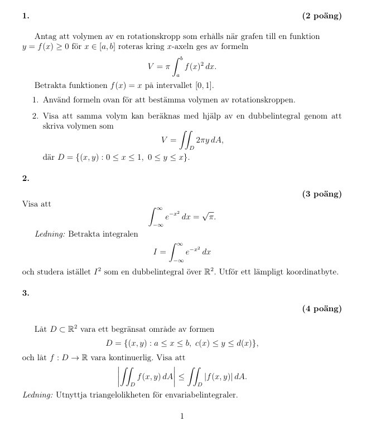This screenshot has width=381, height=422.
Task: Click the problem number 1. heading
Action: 25,16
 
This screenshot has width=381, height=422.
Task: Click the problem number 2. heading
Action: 25,178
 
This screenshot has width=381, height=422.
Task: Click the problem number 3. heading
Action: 25,293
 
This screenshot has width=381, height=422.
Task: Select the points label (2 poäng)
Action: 322,16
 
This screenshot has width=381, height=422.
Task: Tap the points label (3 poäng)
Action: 322,194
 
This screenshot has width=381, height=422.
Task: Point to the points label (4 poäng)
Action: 322,309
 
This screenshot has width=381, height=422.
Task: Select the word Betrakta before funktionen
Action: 51,86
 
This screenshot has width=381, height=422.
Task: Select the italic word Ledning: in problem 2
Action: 50,234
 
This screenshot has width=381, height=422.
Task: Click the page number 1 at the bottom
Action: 182,416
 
